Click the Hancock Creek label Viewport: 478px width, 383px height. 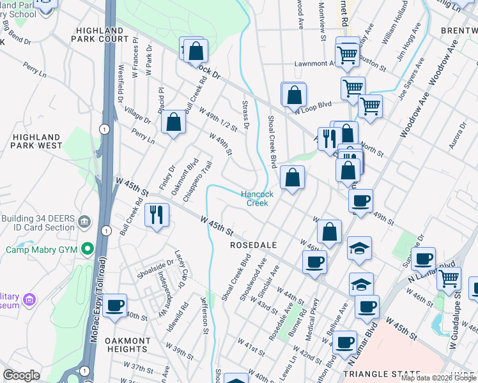pyautogui.click(x=258, y=199)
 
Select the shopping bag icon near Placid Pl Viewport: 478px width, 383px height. pyautogui.click(x=173, y=122)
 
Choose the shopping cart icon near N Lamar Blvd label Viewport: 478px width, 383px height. pyautogui.click(x=449, y=278)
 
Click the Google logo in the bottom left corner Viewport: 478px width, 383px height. pyautogui.click(x=20, y=375)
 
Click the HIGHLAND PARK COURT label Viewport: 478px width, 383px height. pyautogui.click(x=102, y=34)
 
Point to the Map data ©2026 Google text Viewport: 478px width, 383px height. pyautogui.click(x=438, y=378)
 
